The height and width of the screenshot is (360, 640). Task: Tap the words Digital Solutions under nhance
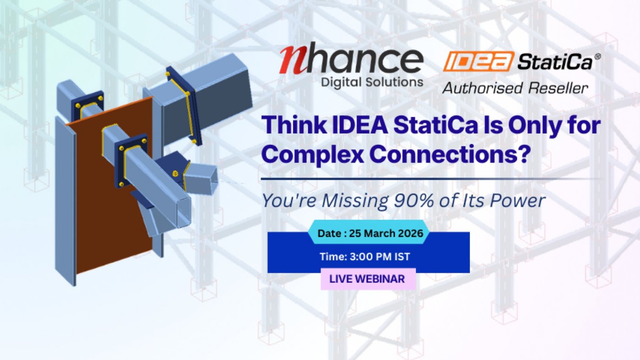coord(372,82)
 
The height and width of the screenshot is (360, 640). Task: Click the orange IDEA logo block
coord(478,61)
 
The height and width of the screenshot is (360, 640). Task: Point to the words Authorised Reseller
coord(515,88)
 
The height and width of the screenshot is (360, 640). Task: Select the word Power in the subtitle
coord(517,201)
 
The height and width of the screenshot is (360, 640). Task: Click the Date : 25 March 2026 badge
coord(369,232)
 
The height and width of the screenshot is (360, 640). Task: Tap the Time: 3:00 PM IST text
coord(365,257)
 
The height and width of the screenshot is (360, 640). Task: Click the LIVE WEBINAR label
coord(368,279)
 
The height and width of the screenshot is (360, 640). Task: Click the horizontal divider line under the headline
coord(432,179)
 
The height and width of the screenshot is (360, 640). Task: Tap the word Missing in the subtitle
coord(355,201)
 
